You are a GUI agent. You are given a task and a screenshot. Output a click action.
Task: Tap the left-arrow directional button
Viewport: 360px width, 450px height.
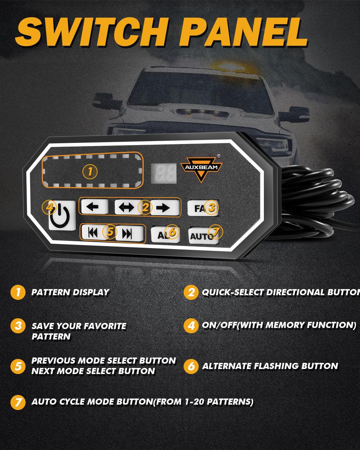pos(94,207)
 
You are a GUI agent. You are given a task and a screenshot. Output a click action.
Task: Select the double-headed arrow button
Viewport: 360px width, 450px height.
pos(127,207)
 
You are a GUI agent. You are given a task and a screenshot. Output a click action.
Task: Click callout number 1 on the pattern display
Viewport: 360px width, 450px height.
pos(90,172)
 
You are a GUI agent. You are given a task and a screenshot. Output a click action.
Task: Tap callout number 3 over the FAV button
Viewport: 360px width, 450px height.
pos(212,207)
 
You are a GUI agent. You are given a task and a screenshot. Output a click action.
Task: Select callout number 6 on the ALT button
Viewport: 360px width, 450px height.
pos(172,232)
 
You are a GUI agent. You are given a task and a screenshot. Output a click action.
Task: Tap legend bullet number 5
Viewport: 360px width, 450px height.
pos(18,366)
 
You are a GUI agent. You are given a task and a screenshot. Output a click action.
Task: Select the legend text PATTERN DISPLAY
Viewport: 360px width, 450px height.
pos(70,292)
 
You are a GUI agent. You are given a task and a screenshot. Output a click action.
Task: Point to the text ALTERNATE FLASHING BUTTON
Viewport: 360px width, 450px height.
pos(270,366)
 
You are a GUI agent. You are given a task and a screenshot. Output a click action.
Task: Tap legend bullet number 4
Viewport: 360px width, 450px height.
pos(191,325)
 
